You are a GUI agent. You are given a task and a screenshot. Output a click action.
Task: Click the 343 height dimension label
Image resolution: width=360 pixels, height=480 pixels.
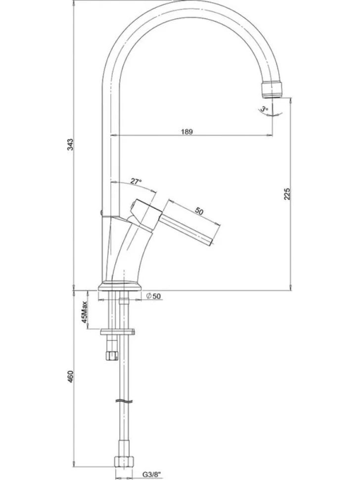point(70,144)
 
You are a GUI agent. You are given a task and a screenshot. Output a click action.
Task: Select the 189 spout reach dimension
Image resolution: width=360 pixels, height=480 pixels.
point(187,132)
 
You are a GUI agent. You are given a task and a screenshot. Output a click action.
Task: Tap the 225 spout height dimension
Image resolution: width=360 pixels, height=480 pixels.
point(287,194)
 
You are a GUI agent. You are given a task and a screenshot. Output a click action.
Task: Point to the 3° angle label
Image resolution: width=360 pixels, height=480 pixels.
point(264,109)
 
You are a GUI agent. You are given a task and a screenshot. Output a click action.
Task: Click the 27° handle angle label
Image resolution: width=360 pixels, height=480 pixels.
point(136,182)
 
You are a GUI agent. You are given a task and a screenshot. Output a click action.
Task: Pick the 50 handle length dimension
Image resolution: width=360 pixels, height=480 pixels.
point(199,211)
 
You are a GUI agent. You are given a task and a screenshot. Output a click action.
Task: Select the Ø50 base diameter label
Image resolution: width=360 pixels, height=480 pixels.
point(153,296)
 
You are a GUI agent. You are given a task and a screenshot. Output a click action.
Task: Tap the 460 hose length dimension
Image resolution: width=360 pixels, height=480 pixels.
point(70,377)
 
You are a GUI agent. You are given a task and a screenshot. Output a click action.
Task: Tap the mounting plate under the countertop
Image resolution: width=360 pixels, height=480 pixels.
point(118,332)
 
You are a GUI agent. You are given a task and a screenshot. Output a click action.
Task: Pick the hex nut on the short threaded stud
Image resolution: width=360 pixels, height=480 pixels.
point(111,355)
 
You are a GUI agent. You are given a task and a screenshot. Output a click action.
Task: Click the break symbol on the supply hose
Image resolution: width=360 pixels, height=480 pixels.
point(125,401)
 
